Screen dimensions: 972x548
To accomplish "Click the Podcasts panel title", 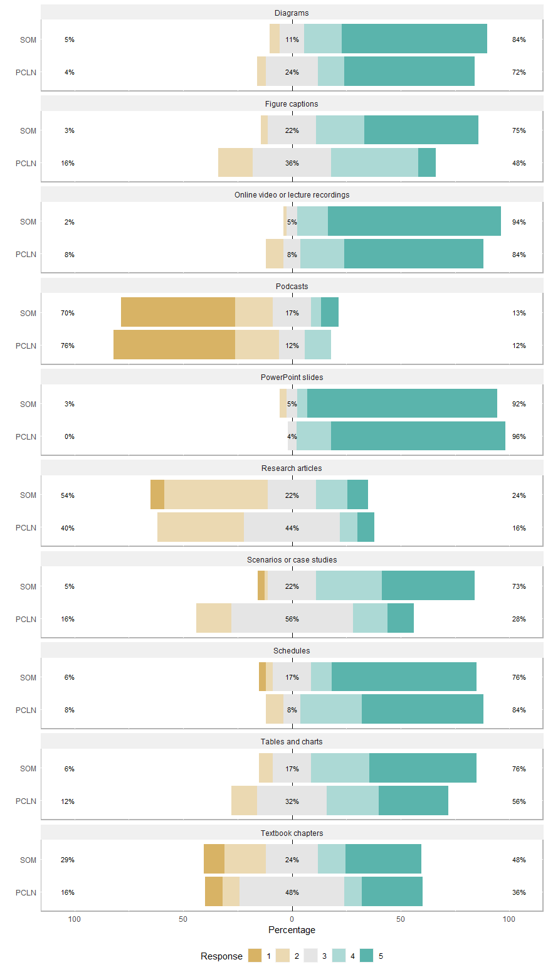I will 292,287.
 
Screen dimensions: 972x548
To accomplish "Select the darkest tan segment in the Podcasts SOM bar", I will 177,312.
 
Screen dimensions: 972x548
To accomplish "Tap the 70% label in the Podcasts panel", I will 67,313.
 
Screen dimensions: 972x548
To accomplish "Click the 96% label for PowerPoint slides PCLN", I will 519,436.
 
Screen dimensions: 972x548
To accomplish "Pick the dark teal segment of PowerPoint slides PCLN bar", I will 418,436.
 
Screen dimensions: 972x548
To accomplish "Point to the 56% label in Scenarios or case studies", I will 292,619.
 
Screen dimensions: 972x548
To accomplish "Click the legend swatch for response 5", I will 367,956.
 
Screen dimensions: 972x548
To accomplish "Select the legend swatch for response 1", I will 255,956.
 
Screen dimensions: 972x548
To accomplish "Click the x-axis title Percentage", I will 292,929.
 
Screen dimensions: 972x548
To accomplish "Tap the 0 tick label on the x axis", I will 292,919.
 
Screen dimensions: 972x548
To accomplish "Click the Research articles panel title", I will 292,468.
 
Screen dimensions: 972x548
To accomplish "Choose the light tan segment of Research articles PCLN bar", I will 200,527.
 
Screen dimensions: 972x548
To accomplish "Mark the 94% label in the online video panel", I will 519,222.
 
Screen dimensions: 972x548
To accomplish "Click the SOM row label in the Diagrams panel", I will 28,40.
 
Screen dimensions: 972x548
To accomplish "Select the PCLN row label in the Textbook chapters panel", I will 26,892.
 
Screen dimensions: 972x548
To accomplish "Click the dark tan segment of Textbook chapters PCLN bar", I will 214,892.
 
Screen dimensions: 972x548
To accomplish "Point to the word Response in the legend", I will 221,956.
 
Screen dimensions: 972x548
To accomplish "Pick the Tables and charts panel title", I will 292,742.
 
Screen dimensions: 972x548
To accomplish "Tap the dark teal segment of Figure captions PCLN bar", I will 426,162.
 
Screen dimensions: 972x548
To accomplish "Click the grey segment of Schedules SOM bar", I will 292,677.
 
